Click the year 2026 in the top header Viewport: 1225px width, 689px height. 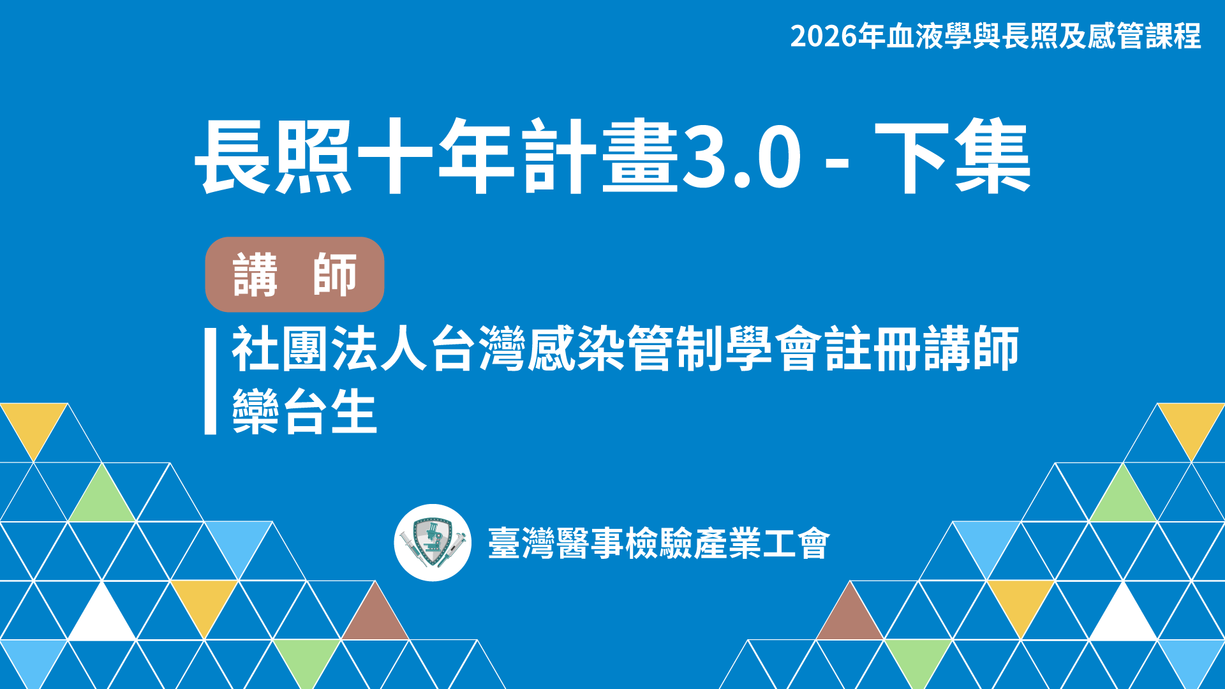pos(824,36)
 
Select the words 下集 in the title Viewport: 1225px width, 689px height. pos(953,157)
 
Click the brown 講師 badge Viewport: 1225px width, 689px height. pos(294,274)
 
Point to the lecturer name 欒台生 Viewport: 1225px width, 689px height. pos(304,411)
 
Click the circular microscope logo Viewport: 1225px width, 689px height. pos(433,543)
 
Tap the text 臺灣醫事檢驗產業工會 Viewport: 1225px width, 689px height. pos(658,544)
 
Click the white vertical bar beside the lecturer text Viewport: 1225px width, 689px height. pos(211,382)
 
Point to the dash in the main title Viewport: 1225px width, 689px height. pos(837,163)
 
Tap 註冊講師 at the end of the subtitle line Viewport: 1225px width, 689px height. pos(922,349)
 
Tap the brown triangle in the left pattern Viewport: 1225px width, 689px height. pos(375,614)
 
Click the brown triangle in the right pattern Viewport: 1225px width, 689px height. pos(850,614)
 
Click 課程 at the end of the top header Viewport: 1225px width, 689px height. pos(1173,36)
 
